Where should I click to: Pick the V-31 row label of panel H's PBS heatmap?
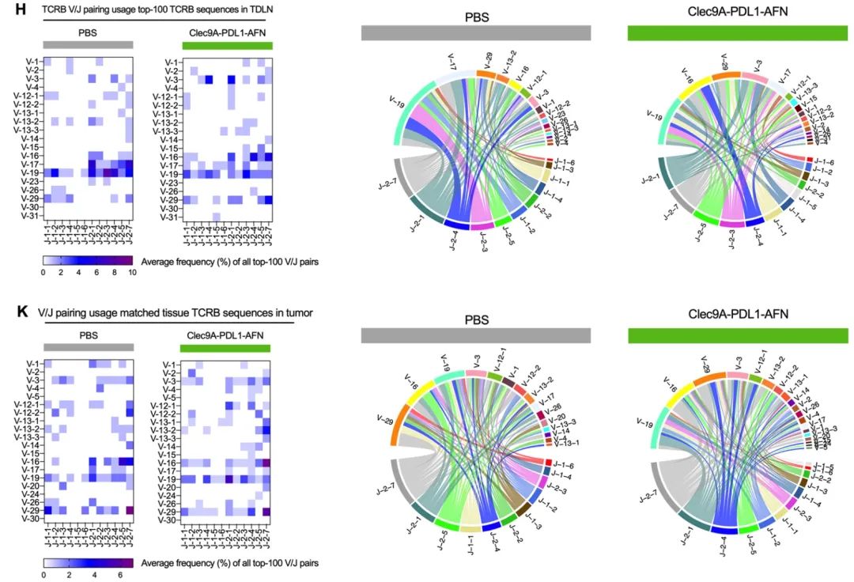pos(30,216)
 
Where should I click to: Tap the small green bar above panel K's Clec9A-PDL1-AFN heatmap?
pos(225,349)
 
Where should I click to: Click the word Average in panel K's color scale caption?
pos(156,563)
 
